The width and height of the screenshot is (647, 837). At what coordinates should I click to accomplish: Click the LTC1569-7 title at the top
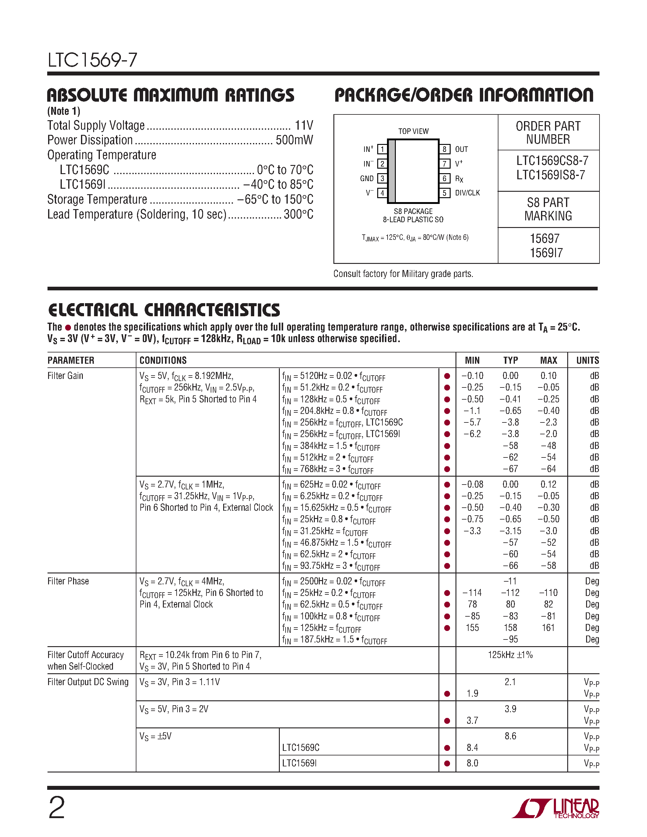pos(92,60)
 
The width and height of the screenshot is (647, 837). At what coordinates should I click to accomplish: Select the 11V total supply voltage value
pos(304,125)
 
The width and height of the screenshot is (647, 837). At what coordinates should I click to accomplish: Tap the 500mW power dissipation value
pos(294,140)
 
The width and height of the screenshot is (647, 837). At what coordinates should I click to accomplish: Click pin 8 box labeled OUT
pos(444,149)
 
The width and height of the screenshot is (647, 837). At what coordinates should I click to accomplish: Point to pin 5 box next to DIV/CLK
pos(444,193)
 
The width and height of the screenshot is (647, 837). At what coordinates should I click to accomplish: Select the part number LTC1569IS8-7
pos(550,175)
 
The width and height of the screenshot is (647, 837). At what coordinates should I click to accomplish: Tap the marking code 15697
pos(544,239)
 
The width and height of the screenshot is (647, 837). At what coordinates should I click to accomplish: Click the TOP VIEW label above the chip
pos(413,131)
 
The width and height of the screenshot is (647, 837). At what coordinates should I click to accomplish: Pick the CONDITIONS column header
pos(163,360)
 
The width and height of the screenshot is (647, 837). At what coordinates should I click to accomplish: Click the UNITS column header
pos(587,360)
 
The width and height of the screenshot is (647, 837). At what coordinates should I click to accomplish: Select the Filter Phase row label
pos(68,581)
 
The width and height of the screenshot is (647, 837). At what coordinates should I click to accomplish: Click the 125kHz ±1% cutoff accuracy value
pos(510,655)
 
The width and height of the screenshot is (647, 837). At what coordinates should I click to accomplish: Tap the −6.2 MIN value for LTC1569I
pos(472,434)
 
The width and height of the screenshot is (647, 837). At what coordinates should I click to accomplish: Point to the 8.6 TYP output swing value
pos(510,736)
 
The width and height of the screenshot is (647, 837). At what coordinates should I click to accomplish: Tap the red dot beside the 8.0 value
pos(447,763)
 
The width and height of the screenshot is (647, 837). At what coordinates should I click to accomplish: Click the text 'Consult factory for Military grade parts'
pos(403,274)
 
